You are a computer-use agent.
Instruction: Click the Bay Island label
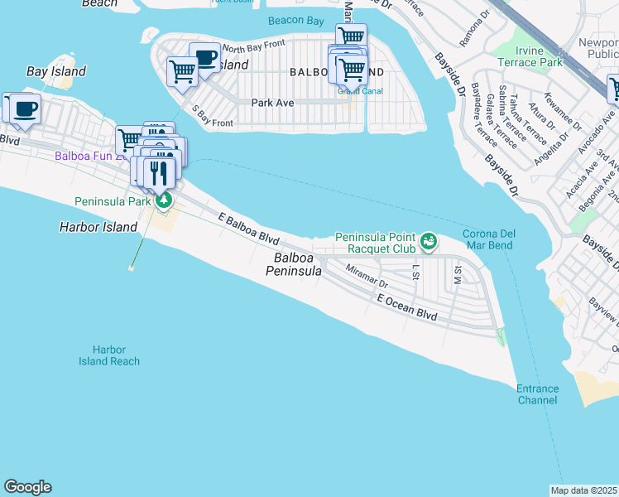coord(55,71)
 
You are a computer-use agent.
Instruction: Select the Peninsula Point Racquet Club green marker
coord(428,241)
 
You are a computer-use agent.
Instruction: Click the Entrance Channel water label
coord(537,394)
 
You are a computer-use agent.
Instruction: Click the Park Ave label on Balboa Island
coord(272,103)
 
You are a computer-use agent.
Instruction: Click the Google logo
coord(27,487)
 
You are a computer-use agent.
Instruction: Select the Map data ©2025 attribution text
coord(584,490)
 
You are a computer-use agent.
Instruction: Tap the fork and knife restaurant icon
coord(160,172)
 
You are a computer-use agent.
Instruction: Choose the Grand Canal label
coord(353,91)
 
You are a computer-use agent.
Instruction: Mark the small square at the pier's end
coord(132,268)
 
